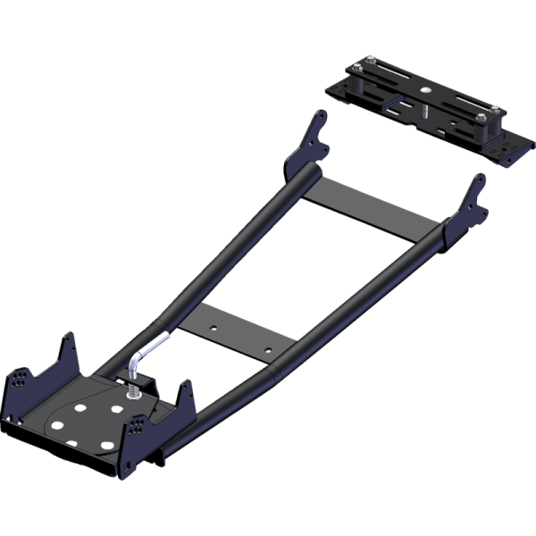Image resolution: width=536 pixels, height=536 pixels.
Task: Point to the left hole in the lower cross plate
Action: pos(214,328)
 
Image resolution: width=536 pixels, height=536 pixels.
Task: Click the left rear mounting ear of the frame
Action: pos(308,143)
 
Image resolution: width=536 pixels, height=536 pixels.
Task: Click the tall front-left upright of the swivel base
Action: pos(67,353)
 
